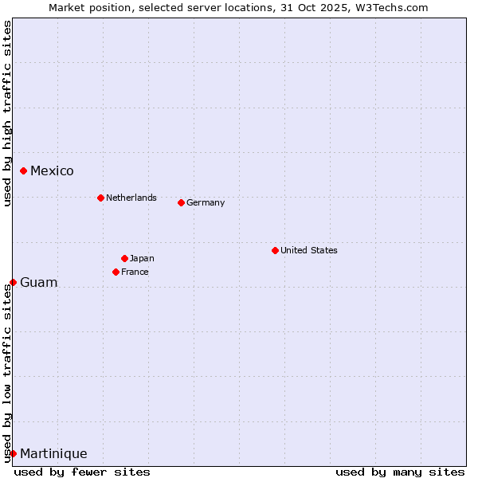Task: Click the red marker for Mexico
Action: [24, 170]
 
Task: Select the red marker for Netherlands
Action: [100, 198]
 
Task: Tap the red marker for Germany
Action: [181, 202]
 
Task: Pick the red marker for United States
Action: [275, 250]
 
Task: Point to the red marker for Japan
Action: [124, 258]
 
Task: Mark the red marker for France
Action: [116, 272]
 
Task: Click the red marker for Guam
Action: [13, 282]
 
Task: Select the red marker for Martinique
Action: [13, 453]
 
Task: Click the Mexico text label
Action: [52, 171]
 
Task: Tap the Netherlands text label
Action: [131, 198]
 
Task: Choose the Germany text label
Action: [206, 202]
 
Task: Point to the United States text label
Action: [309, 250]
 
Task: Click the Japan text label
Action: [142, 258]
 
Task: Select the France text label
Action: [135, 272]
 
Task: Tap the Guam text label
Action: [39, 283]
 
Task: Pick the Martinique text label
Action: [53, 454]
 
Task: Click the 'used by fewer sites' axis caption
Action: [82, 472]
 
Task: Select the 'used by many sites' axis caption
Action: [400, 472]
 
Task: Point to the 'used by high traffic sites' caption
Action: [7, 113]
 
